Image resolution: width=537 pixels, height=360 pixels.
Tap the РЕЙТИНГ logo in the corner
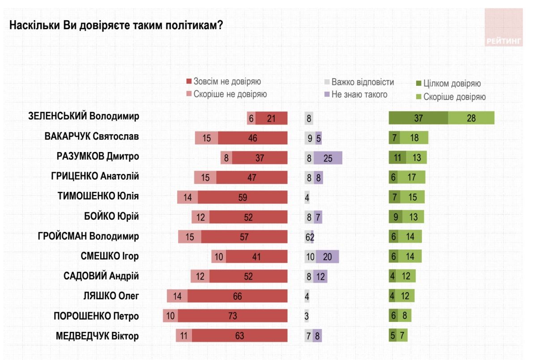click(x=503, y=28)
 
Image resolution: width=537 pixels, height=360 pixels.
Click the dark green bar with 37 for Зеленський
click(x=418, y=118)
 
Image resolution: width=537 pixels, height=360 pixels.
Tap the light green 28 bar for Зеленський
click(x=471, y=118)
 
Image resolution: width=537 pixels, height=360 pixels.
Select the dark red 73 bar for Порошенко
click(x=232, y=316)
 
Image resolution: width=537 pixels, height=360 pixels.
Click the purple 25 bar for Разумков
click(x=328, y=158)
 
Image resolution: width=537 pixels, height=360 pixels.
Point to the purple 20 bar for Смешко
click(x=327, y=256)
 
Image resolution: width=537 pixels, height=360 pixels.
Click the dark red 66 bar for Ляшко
click(x=237, y=296)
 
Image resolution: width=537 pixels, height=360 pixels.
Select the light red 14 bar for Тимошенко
click(x=188, y=197)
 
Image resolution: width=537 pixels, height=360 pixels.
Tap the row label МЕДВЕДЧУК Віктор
click(x=97, y=336)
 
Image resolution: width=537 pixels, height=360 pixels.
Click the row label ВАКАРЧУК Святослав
click(x=92, y=136)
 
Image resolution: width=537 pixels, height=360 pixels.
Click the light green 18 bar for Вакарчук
click(x=414, y=138)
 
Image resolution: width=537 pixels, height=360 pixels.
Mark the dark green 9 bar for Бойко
click(x=395, y=217)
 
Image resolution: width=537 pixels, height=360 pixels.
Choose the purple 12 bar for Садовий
click(x=320, y=276)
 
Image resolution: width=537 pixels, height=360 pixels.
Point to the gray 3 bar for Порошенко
click(x=307, y=316)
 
